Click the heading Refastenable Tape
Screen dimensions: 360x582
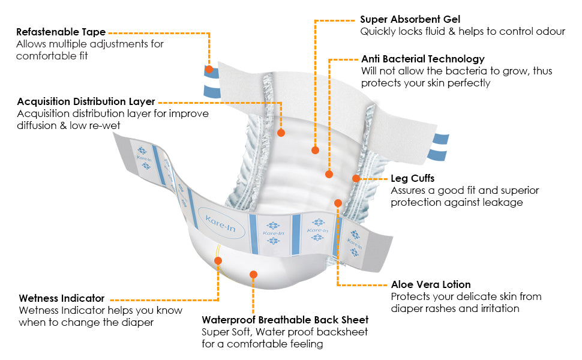tap(61, 32)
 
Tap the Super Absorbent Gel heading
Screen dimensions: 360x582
tap(410, 19)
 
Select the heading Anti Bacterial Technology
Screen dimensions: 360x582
tap(422, 59)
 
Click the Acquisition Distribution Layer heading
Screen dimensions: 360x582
tap(86, 101)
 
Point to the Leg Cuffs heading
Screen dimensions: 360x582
tap(413, 178)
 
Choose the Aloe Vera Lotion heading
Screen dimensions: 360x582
tap(431, 284)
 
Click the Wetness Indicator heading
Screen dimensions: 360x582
tap(62, 298)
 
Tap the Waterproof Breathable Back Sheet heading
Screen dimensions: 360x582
tap(285, 320)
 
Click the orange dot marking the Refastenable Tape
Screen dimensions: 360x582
tap(209, 69)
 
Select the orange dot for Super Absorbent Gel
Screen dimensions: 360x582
tap(315, 150)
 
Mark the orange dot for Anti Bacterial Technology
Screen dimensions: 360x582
tap(329, 175)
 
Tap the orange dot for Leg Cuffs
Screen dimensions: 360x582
tap(356, 178)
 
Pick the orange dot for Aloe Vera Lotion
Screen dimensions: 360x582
tap(338, 203)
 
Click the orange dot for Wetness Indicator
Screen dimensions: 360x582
tap(218, 260)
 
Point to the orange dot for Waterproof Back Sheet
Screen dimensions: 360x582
tap(253, 274)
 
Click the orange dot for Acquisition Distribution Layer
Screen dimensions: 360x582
tap(281, 132)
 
